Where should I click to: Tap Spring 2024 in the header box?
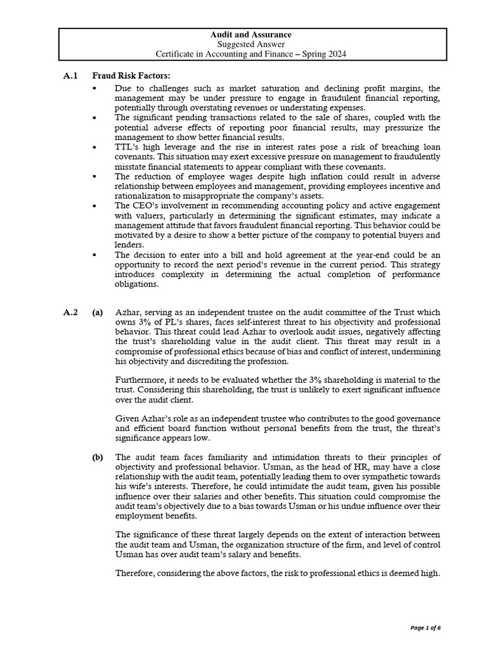coord(321,55)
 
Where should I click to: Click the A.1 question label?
coord(70,75)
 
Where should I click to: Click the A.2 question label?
coord(70,312)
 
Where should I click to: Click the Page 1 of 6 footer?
coord(425,627)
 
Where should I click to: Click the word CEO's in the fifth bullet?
coord(146,206)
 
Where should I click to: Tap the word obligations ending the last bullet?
coord(138,284)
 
